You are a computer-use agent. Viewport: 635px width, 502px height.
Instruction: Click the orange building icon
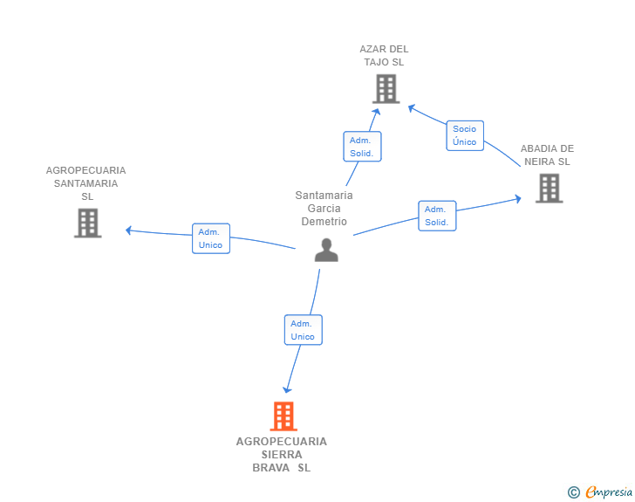point(283,416)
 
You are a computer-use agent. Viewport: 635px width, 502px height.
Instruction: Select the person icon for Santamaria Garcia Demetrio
point(326,251)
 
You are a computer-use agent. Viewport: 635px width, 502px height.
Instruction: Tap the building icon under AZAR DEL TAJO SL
point(386,89)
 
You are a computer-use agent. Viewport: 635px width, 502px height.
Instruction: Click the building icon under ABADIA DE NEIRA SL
point(550,189)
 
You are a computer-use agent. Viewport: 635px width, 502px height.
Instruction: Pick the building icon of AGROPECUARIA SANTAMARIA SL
point(88,223)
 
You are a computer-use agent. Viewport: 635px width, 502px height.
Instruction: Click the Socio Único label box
point(465,135)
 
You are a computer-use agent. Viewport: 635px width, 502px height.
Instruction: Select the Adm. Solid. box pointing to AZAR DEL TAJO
point(362,147)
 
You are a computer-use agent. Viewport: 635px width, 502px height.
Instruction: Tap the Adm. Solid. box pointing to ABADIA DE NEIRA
point(437,216)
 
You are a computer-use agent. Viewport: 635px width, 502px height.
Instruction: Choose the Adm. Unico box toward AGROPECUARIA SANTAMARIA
point(211,238)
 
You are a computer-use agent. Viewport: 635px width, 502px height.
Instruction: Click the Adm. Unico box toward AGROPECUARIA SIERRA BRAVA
point(304,330)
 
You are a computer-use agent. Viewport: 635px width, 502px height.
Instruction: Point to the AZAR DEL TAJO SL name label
point(384,56)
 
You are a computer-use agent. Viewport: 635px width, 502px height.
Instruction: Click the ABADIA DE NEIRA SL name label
point(547,155)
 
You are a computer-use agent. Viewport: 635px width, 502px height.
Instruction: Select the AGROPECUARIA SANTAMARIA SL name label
point(85,183)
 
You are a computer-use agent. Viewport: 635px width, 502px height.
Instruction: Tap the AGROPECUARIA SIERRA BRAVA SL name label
point(282,455)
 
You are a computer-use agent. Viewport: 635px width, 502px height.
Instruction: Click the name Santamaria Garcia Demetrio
point(324,209)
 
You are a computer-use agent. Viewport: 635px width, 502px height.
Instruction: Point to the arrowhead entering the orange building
point(287,389)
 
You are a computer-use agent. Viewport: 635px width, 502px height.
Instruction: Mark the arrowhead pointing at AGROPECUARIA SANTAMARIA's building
point(129,230)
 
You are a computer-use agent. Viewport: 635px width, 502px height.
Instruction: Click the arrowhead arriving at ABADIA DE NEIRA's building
point(517,199)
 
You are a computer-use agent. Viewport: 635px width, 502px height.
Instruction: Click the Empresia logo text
point(609,492)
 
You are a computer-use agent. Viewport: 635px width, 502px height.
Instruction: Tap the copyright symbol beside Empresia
point(573,492)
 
